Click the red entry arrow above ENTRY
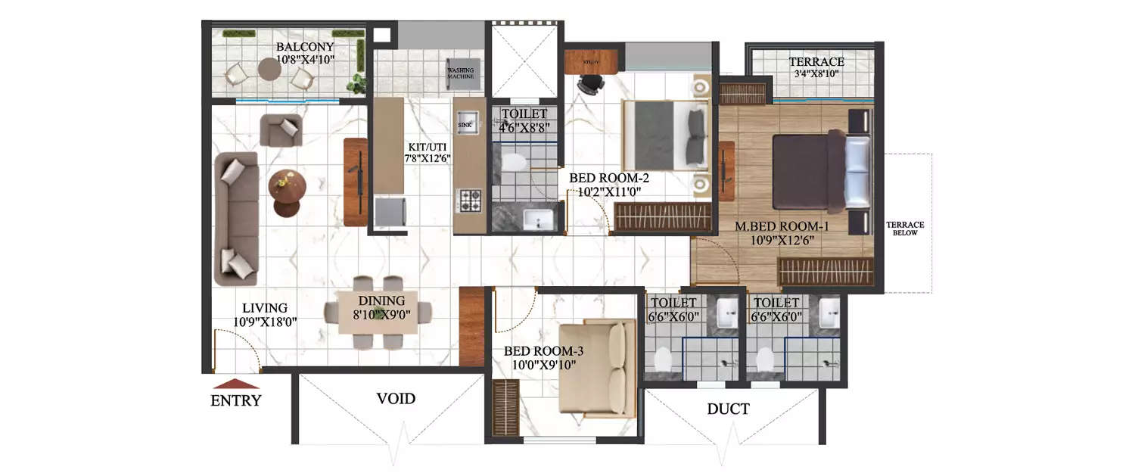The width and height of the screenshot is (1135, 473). point(236,383)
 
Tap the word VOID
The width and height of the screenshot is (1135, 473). point(396,398)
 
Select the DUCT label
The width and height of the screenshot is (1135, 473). point(728,409)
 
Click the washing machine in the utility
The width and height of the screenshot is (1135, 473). point(461,70)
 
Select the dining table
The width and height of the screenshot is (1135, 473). point(378,312)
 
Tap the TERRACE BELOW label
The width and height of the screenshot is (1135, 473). point(905,229)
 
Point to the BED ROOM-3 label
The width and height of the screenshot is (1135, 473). point(543,351)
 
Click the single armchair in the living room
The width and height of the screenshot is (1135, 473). point(281,129)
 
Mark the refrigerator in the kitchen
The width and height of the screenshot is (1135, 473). point(392,211)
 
